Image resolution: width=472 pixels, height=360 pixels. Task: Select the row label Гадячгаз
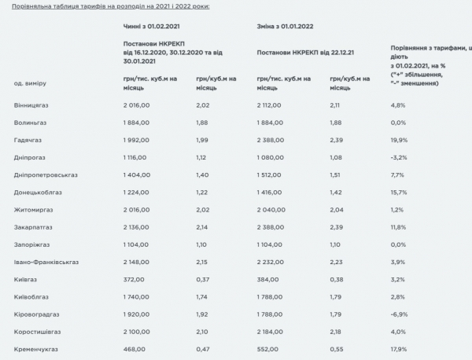pyautogui.click(x=28, y=139)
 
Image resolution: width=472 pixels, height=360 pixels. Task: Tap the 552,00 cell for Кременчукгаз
pyautogui.click(x=270, y=349)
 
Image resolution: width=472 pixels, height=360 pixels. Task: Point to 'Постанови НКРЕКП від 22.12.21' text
pyautogui.click(x=305, y=53)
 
